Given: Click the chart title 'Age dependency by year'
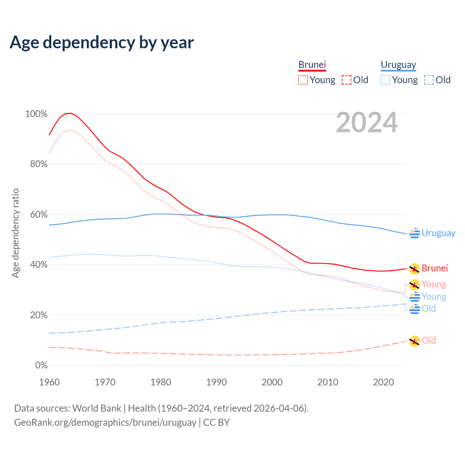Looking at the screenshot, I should [102, 43].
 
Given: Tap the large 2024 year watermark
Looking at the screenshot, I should [367, 123].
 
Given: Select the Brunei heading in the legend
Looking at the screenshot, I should [312, 65].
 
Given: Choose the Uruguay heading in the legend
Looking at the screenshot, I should [398, 65].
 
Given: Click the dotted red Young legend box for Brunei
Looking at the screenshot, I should [303, 80].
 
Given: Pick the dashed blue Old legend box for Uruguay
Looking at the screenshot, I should [429, 80].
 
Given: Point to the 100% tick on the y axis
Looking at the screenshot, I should [36, 114].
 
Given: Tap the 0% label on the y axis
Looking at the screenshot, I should [41, 365].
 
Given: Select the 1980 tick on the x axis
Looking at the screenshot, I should [161, 382].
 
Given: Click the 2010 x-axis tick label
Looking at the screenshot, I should [328, 382].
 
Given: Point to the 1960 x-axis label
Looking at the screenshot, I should [49, 382].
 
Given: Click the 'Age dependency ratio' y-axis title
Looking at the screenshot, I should [15, 233].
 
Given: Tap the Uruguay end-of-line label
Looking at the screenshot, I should [438, 233].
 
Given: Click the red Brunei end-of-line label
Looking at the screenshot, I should [434, 268].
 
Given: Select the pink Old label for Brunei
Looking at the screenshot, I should [428, 340].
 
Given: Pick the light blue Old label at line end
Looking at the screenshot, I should [428, 308].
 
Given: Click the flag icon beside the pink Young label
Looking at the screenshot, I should [415, 285].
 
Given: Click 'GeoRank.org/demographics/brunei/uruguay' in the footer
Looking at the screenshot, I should [105, 422].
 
